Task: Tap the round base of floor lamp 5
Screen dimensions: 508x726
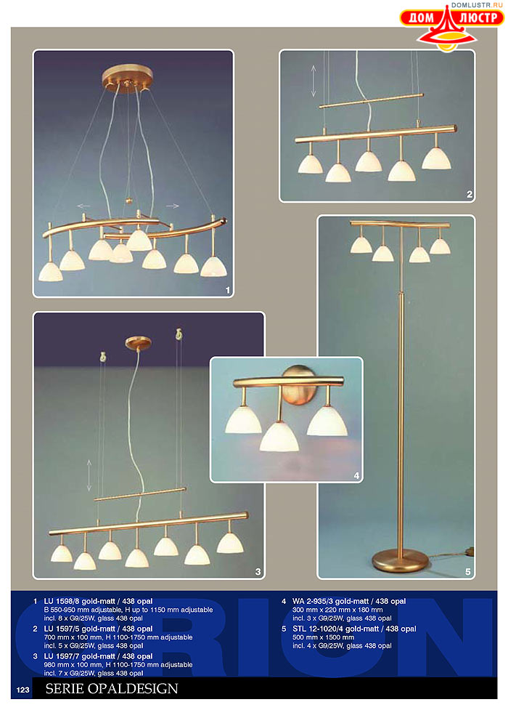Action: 401,560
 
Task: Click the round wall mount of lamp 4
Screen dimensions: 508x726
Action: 299,385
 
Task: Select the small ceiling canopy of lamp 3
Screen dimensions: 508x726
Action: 138,342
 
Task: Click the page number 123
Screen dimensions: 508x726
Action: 22,690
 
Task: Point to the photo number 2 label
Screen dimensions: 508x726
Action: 469,195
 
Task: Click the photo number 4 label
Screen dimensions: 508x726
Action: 356,475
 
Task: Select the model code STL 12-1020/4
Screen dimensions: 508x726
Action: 318,629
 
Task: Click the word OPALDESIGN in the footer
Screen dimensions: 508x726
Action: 133,688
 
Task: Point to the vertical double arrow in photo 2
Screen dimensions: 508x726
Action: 314,81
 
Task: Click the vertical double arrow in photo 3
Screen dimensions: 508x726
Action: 89,475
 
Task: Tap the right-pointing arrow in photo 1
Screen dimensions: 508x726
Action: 173,206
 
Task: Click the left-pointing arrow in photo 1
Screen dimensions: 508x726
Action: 83,206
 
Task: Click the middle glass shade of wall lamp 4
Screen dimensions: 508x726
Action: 279,437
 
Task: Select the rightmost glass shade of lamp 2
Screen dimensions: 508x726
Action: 436,158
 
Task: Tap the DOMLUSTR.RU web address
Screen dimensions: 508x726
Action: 477,5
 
